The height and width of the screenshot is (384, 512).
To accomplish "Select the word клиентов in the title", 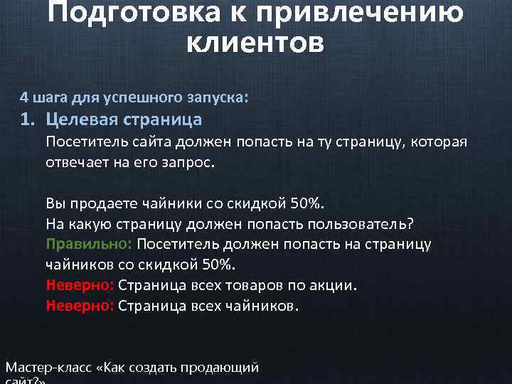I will pyautogui.click(x=255, y=43).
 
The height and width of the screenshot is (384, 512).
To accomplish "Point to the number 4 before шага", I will pyautogui.click(x=23, y=96).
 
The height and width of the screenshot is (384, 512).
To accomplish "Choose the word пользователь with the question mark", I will pyautogui.click(x=361, y=223).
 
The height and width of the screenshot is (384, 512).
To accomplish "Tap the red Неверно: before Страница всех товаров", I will pyautogui.click(x=80, y=285).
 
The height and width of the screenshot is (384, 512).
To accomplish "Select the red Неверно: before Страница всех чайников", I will pyautogui.click(x=80, y=306).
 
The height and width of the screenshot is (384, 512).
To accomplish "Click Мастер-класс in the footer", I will pyautogui.click(x=48, y=368).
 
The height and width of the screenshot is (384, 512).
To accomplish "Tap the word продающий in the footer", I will pyautogui.click(x=220, y=368).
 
